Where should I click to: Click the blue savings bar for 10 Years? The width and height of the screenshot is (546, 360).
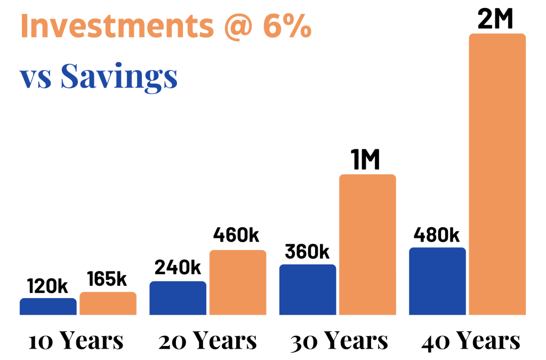48,306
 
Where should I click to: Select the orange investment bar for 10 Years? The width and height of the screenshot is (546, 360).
108,303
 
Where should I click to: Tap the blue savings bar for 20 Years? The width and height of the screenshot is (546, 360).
178,298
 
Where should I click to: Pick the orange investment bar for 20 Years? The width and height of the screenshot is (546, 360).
238,282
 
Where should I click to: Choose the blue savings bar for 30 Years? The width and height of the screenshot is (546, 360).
308,289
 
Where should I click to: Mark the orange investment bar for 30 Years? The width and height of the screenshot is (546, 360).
368,244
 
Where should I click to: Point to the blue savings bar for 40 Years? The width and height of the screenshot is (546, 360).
437,281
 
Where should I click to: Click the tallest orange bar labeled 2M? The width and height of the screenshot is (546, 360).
497,174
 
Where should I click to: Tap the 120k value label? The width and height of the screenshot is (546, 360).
47,286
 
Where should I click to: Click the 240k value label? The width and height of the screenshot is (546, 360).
178,268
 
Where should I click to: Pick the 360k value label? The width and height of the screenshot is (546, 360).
308,251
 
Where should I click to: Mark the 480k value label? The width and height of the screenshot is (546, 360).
436,235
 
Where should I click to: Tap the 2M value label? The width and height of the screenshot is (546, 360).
496,20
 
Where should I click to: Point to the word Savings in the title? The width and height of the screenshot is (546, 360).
118,77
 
